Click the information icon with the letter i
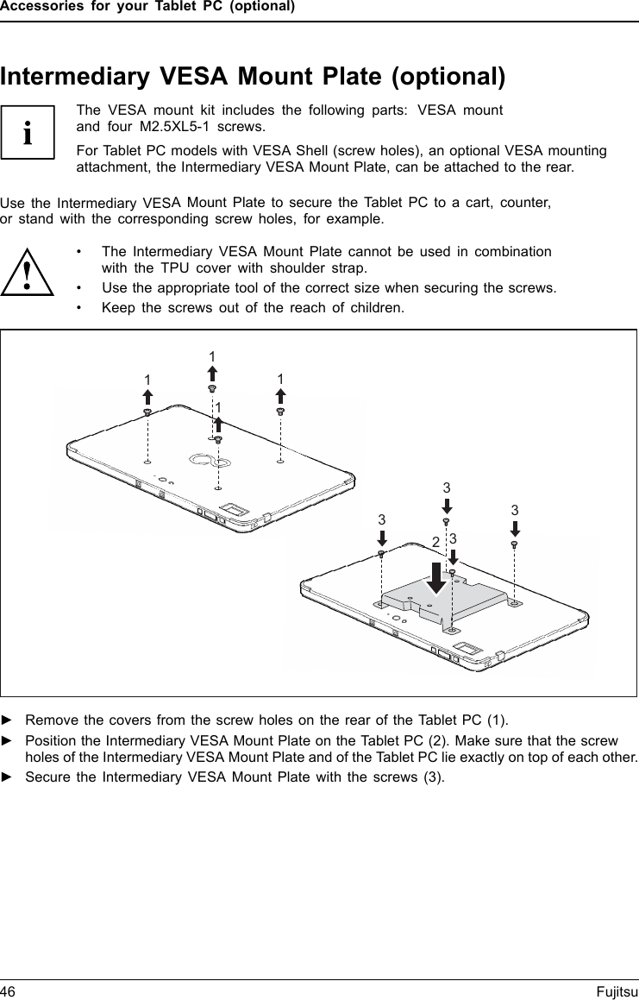point(28,133)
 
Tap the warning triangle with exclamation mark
point(28,274)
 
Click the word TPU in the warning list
point(166,267)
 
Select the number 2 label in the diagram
point(436,542)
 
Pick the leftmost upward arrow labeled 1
point(147,397)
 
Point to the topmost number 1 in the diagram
point(212,356)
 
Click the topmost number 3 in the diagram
point(447,488)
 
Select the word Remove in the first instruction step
point(49,720)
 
